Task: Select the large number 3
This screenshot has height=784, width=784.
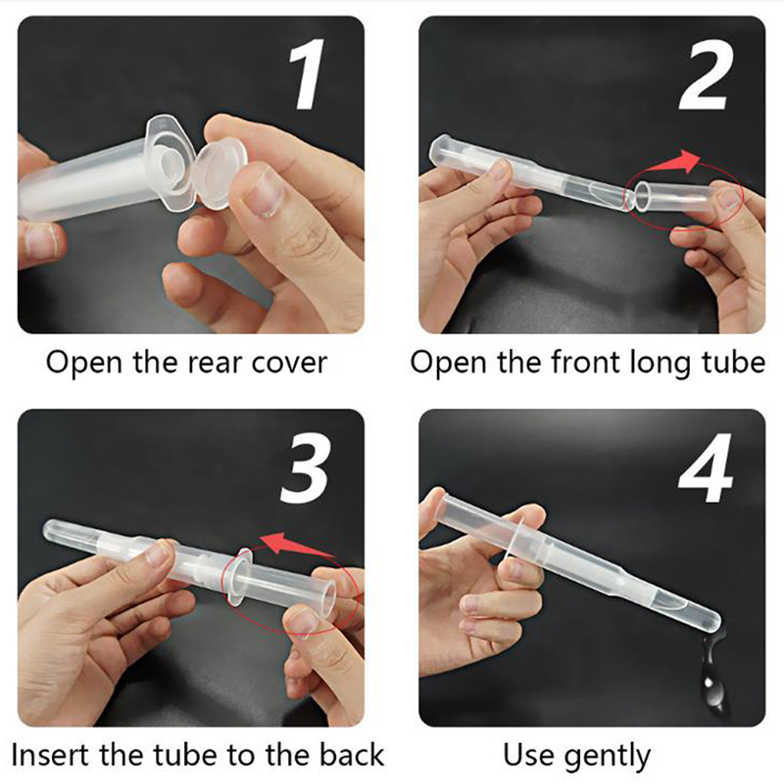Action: coord(305,467)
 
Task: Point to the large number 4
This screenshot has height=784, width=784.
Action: coord(705,468)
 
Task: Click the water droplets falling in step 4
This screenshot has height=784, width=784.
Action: coord(713,666)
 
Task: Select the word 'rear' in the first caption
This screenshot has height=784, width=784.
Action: coord(216,364)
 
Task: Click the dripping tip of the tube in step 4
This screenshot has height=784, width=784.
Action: coord(716,621)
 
